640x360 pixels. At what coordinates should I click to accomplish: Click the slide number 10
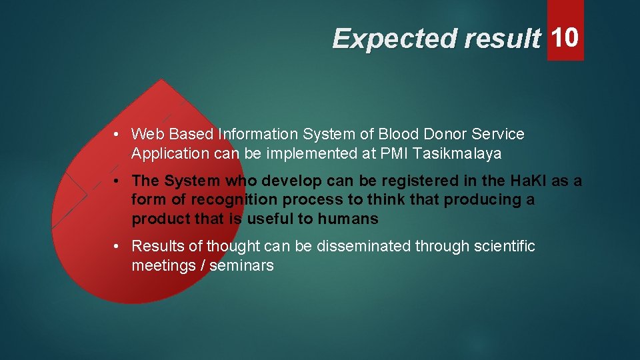[565, 37]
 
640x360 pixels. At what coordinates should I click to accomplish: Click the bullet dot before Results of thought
[117, 246]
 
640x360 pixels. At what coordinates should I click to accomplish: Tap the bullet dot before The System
[117, 181]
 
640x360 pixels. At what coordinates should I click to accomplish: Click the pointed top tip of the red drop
[161, 80]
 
